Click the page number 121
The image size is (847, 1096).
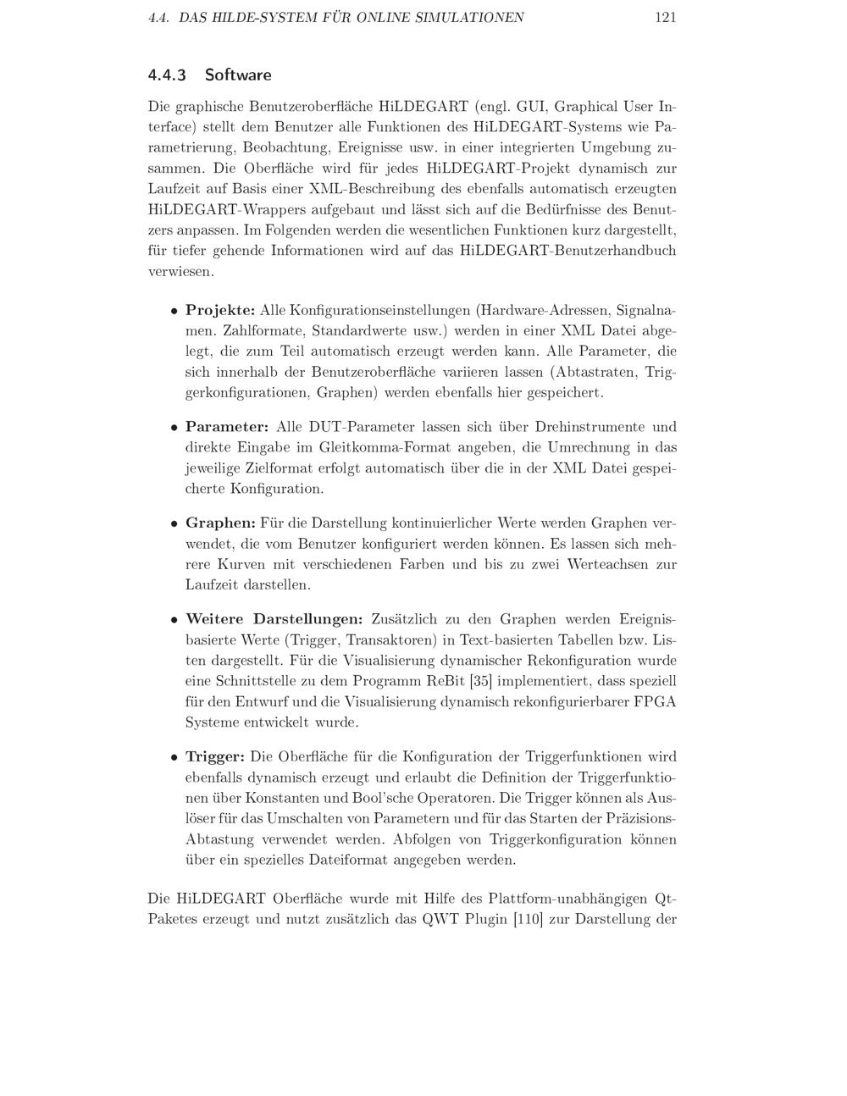point(665,17)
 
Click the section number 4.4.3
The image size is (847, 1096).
point(166,75)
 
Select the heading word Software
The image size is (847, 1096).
point(238,75)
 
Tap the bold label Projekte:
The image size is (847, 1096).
point(220,310)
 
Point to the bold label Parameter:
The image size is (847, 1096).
point(227,427)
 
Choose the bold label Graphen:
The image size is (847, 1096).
point(220,523)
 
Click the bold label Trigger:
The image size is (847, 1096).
point(215,756)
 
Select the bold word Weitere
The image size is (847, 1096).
point(215,620)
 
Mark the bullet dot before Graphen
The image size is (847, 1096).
point(174,524)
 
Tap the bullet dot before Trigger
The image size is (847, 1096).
point(174,757)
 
